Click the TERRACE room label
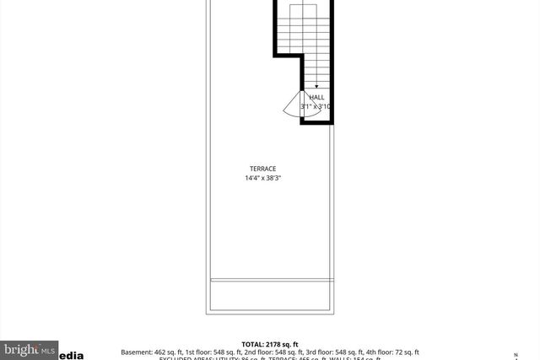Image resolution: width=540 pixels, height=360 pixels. [262, 169]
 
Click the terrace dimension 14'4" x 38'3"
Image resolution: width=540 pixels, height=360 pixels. [262, 178]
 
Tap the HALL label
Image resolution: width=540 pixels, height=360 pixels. [316, 98]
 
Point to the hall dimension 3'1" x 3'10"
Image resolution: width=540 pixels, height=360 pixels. [316, 107]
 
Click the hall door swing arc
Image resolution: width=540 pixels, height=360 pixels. [290, 105]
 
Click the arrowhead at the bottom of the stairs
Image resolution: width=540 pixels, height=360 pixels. [316, 87]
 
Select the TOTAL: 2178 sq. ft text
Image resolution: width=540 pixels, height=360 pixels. [270, 344]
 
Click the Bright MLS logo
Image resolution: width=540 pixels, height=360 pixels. [30, 349]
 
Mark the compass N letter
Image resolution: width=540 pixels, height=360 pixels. [516, 354]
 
